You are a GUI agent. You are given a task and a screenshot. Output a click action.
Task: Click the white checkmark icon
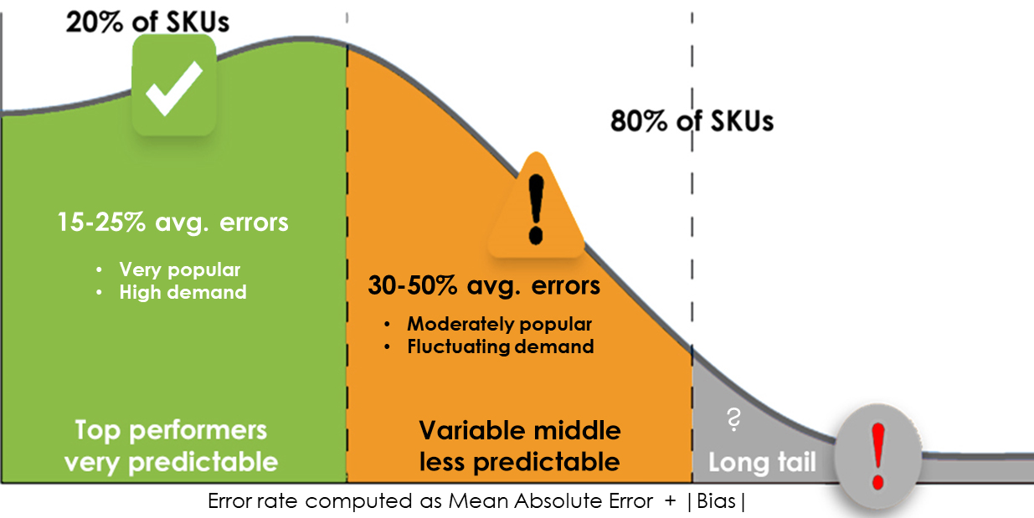174,85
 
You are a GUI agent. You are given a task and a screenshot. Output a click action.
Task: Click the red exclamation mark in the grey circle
877,456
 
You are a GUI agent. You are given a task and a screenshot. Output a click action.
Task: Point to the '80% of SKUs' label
692,121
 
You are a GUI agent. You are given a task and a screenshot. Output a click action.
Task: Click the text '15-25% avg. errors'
173,223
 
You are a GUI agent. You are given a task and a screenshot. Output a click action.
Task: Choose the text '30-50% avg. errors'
484,285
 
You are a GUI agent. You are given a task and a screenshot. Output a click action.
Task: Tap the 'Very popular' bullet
179,269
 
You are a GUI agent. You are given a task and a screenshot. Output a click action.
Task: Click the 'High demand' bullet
183,292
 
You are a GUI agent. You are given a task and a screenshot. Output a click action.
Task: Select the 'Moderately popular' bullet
499,324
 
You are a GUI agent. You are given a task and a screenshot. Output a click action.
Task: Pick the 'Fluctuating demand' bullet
501,346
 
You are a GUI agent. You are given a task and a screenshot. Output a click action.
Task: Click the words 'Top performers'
171,430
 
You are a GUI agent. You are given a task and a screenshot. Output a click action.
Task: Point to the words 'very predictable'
171,461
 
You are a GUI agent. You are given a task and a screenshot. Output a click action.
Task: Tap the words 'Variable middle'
520,430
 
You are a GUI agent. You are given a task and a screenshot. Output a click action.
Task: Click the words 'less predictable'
520,461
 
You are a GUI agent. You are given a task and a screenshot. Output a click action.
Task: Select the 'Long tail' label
762,462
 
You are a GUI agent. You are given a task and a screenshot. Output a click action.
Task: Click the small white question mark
733,420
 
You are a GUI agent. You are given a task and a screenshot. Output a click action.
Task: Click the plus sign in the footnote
671,502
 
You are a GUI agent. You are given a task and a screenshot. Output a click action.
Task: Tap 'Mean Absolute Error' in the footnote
550,502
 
